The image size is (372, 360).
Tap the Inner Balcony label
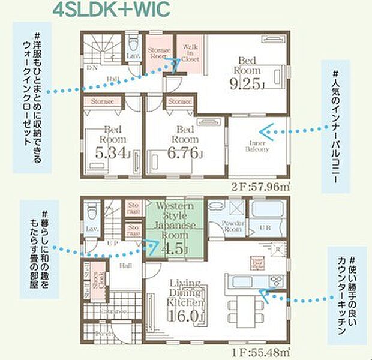(256, 145)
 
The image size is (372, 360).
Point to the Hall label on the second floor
(112, 79)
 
